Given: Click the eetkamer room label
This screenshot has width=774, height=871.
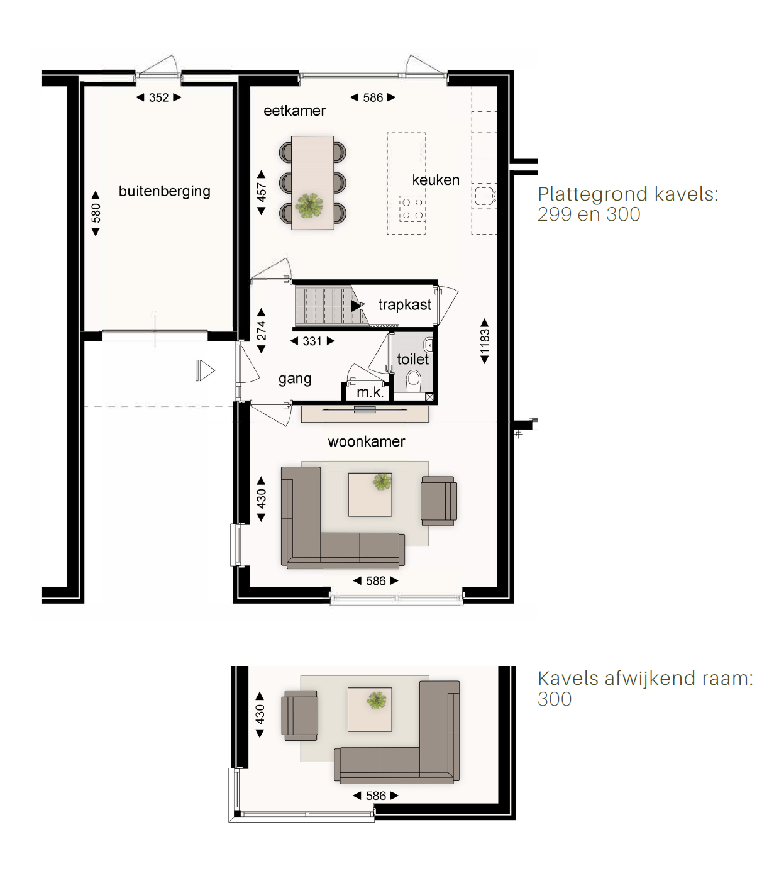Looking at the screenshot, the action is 294,111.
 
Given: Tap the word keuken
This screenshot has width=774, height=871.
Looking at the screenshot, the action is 435,180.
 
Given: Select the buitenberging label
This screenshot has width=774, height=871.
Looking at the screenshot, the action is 165,191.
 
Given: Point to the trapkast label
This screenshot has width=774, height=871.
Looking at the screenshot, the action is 404,305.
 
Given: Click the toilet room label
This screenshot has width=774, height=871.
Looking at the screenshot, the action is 412,359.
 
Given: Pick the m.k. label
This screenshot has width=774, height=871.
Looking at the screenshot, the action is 370,392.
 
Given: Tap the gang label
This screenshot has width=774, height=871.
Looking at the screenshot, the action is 295,379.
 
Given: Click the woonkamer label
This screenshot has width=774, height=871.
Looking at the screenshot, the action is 366,441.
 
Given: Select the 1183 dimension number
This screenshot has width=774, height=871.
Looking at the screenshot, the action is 485,341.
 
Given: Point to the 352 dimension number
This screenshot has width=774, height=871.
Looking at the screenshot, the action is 158,97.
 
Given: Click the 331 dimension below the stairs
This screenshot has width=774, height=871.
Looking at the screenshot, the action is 312,341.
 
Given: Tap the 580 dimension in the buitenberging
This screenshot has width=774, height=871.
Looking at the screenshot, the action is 96,213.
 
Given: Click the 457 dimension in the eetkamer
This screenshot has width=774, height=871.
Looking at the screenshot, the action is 262,192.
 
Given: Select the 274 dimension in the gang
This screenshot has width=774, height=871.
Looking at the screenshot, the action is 262,331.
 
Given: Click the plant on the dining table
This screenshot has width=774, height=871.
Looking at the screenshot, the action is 309,206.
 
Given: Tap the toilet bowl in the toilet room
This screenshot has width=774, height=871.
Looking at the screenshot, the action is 414,381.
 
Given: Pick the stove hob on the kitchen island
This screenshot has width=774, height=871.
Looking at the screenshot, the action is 412,209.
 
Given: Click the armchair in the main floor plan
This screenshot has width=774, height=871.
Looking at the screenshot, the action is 439,501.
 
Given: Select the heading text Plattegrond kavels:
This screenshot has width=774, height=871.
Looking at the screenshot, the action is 628,194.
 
